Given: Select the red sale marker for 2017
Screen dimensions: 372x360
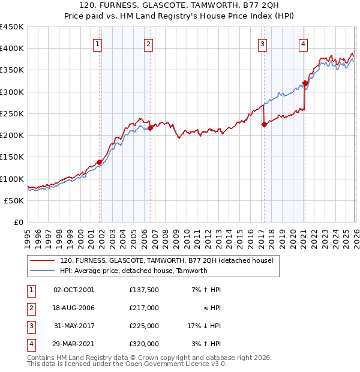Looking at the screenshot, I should (264, 125).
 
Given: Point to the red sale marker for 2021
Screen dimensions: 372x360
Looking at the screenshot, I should (305, 83).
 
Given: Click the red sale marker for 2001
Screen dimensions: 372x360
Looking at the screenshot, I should (99, 163).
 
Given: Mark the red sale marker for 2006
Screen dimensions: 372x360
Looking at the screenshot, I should (150, 128).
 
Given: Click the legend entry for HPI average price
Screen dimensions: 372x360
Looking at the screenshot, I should (133, 271).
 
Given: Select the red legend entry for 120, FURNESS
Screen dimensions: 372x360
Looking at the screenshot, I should (166, 260).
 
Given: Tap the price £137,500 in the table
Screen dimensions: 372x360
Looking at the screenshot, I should (144, 290).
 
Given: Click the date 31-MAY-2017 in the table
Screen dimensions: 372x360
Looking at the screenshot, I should (74, 326).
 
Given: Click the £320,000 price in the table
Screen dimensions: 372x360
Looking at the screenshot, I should (144, 344).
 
